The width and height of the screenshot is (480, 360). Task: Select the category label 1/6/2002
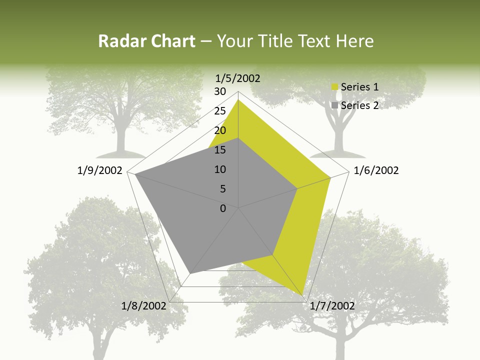(376, 170)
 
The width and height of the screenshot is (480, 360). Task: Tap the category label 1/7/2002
(332, 305)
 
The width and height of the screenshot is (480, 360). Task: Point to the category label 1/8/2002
(144, 305)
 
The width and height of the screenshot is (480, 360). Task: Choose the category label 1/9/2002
(100, 170)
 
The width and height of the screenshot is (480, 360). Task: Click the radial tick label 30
(220, 91)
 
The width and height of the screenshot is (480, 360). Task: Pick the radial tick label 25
(220, 111)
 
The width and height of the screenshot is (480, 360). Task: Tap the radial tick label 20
(220, 130)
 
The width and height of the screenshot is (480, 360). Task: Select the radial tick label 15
(220, 150)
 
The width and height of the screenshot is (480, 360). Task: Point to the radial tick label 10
(220, 169)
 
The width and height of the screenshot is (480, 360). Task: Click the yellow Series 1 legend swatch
(335, 87)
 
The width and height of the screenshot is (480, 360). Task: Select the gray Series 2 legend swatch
(335, 105)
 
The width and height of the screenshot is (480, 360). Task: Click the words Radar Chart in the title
(146, 41)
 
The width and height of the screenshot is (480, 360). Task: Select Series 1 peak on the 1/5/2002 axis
(238, 99)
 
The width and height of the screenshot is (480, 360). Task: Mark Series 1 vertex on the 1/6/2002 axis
(330, 177)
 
